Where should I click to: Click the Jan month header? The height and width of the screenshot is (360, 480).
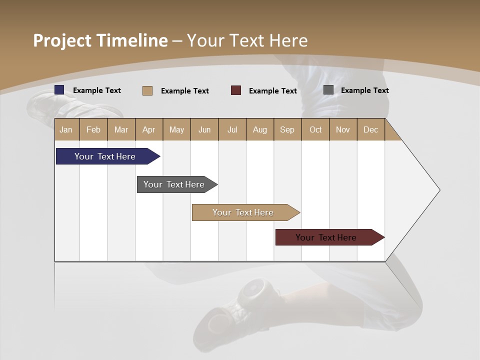point(66,129)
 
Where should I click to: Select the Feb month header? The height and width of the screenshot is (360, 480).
point(93,129)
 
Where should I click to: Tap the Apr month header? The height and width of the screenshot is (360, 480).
point(149,129)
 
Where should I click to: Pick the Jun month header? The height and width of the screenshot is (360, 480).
point(204,129)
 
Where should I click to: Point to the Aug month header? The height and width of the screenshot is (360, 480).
point(260,129)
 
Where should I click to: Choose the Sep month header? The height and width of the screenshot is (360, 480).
point(287,129)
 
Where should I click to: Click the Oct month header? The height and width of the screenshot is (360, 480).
point(315,129)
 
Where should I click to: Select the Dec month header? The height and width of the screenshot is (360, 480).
point(371,129)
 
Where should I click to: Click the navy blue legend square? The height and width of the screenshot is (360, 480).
point(59,90)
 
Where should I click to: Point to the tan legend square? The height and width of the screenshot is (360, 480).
point(147,90)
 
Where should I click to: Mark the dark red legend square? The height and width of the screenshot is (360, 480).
point(236,90)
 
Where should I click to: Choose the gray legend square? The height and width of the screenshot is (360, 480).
point(328,90)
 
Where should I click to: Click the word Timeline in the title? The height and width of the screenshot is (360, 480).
point(132,40)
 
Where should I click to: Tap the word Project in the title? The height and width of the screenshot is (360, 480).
point(62,40)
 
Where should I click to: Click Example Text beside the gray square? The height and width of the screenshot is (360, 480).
point(365,90)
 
